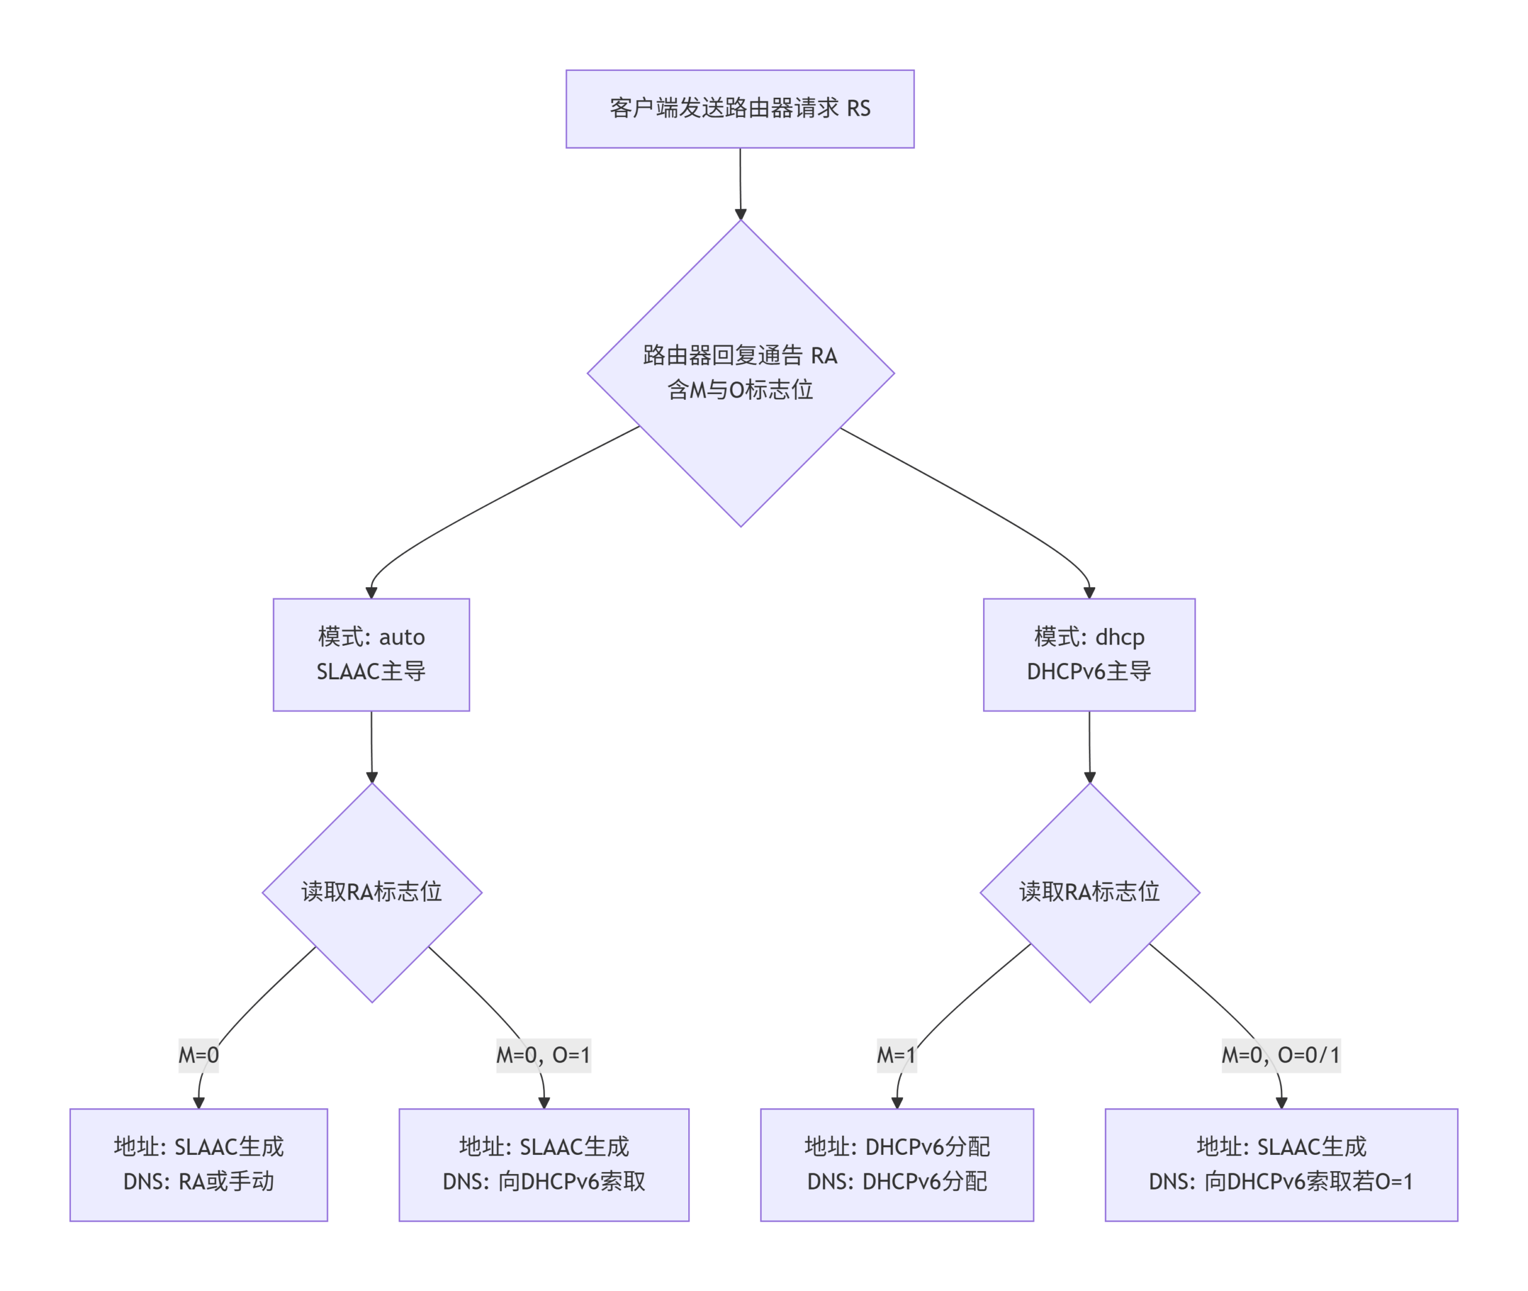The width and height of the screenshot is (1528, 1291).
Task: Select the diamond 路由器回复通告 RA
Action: pos(740,372)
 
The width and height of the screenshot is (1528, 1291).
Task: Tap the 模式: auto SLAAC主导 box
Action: pos(371,654)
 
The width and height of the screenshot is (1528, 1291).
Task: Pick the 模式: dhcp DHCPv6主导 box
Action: pos(1088,654)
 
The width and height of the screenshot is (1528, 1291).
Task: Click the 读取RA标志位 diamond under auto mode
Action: pos(372,892)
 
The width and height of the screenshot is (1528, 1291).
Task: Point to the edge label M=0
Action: pos(198,1055)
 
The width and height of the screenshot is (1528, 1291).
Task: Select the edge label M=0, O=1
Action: pos(543,1055)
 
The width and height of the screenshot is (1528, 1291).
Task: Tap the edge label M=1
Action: pos(897,1055)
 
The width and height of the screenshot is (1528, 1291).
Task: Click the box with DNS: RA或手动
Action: pos(198,1164)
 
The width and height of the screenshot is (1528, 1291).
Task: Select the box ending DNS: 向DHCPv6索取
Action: pos(544,1164)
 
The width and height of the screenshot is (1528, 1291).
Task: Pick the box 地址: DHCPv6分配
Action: pos(897,1164)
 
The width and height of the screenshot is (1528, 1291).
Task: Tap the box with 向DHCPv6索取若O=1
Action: pos(1281,1164)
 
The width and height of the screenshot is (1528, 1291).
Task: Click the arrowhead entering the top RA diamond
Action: pos(741,214)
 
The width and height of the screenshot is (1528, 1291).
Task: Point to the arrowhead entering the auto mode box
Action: pos(371,592)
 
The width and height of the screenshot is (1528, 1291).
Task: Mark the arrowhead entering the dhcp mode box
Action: pos(1089,592)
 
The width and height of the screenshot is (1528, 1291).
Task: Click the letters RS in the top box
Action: pos(858,109)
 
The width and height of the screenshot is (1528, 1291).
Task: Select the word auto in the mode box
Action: pos(402,637)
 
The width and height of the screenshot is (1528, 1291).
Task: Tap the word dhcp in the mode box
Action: pos(1119,637)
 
